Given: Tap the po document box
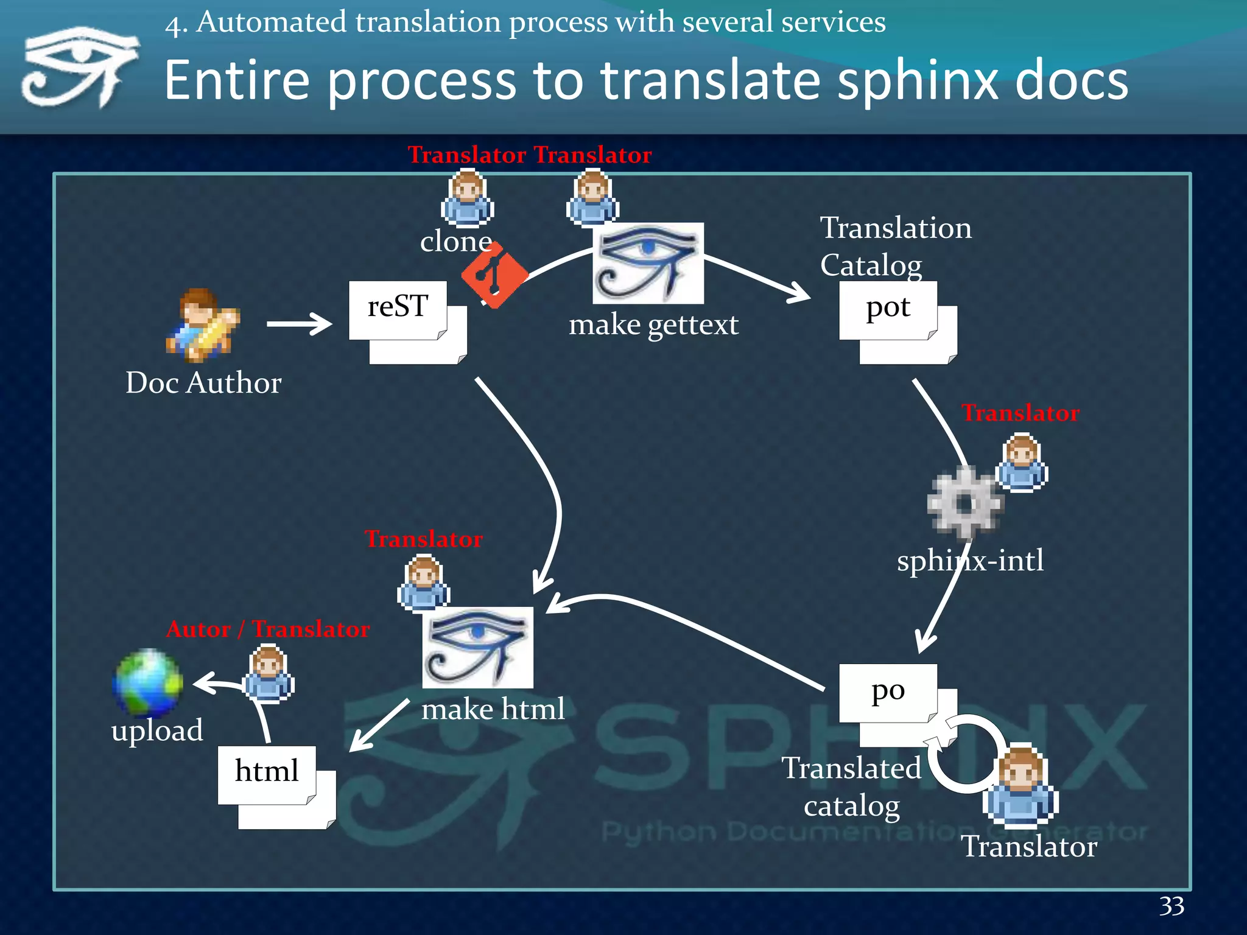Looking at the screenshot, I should click(888, 693).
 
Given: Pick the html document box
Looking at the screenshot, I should click(267, 774).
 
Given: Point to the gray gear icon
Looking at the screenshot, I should click(965, 503).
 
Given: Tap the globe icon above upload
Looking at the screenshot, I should click(147, 682).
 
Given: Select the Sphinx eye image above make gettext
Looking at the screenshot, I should click(648, 263).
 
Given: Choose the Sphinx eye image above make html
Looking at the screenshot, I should click(477, 647).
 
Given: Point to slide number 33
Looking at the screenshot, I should click(1171, 906).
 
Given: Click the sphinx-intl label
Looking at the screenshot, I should click(970, 560).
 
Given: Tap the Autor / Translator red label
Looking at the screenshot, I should click(268, 629).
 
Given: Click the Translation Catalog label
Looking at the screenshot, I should click(895, 246).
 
